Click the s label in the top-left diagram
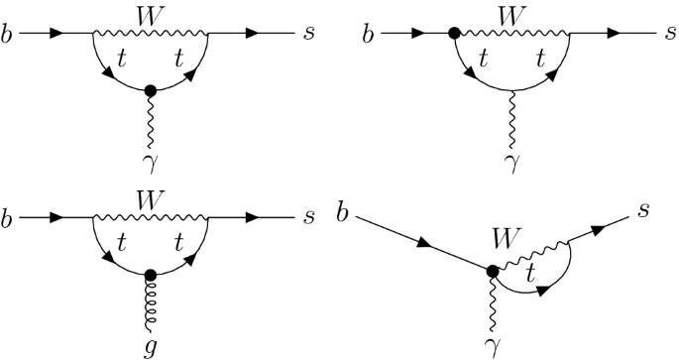coord(311,35)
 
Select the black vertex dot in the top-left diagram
coord(151,90)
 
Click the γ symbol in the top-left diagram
coord(151,159)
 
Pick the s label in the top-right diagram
coord(671,35)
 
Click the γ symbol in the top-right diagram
coord(511,159)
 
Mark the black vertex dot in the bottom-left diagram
coord(150,274)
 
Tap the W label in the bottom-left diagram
coord(151,196)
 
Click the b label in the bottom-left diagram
coord(8,215)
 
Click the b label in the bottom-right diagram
coord(344,211)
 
